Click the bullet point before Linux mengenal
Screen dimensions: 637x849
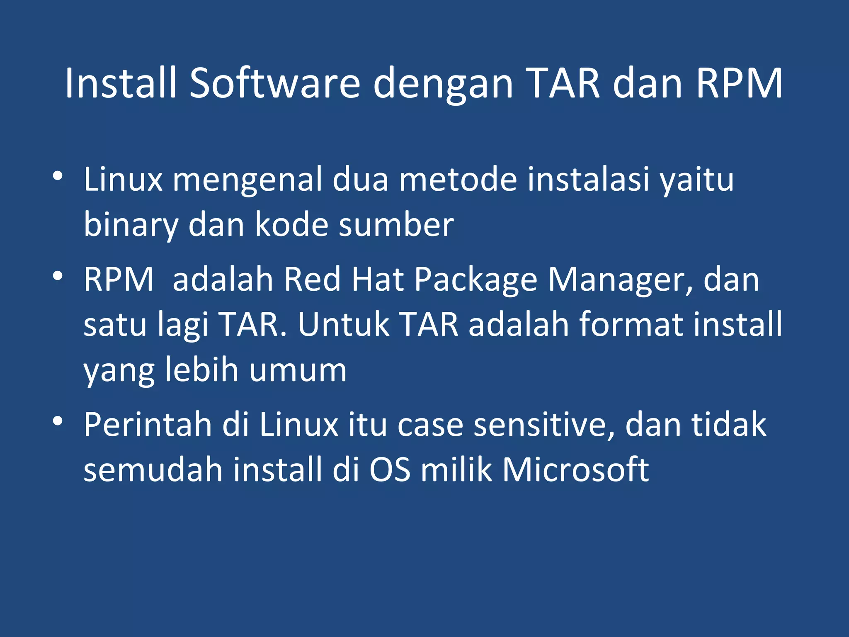(x=58, y=176)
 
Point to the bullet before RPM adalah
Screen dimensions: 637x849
(x=58, y=276)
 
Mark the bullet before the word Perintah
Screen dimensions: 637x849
(x=58, y=421)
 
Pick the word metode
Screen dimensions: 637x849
(x=457, y=179)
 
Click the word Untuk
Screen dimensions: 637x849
(x=344, y=324)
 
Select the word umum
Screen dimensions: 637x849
(x=298, y=370)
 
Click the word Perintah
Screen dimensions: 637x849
(x=148, y=425)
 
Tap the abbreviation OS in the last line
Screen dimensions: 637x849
(x=390, y=470)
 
